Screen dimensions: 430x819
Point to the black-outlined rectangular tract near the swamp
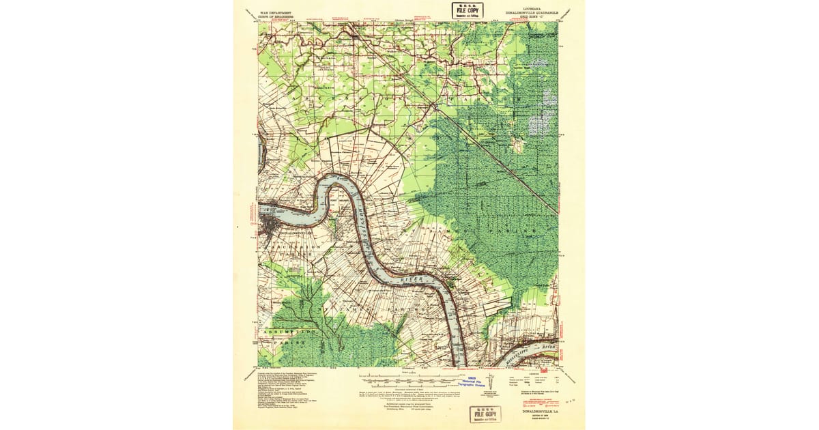tap(497, 307)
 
